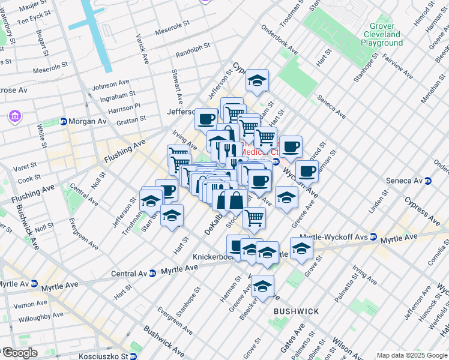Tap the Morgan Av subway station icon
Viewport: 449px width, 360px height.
click(64, 122)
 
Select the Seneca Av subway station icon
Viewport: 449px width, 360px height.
click(427, 181)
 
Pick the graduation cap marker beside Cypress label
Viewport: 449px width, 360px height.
click(257, 81)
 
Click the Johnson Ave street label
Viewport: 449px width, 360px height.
click(110, 83)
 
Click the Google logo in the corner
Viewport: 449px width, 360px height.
click(19, 352)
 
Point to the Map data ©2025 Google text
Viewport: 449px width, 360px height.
click(411, 355)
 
